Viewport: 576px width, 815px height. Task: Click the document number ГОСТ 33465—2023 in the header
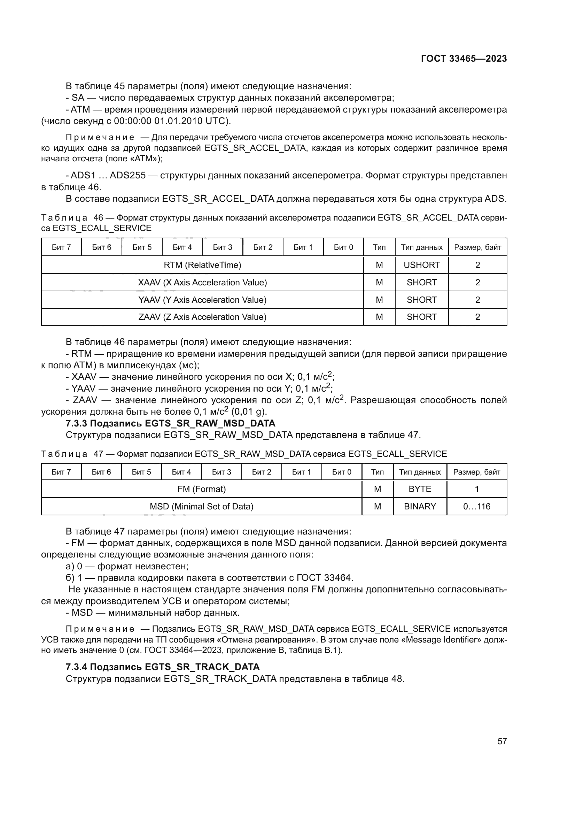[x=464, y=59]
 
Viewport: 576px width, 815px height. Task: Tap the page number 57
[x=502, y=741]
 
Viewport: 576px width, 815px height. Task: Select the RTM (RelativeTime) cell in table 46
[x=202, y=265]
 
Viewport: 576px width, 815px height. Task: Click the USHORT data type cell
[x=421, y=265]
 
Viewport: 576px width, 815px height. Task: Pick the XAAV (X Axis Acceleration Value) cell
[x=202, y=283]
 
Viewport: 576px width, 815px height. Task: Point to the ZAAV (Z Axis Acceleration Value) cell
[x=202, y=317]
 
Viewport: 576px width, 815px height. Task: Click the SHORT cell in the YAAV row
[x=421, y=300]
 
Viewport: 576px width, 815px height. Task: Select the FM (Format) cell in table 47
[x=201, y=489]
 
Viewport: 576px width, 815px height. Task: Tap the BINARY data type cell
[x=420, y=507]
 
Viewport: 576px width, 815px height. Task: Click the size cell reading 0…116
[x=476, y=507]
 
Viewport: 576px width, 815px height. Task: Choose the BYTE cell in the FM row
[x=420, y=489]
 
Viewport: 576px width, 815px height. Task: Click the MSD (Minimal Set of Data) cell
[x=201, y=507]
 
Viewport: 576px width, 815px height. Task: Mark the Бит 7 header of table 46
[x=61, y=247]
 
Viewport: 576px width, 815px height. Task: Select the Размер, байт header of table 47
[x=476, y=472]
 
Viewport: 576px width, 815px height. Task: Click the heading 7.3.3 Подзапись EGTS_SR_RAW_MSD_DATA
[x=170, y=423]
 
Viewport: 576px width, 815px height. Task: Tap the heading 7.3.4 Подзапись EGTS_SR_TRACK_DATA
[x=162, y=667]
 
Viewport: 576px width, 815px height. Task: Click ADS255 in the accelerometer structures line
[x=127, y=176]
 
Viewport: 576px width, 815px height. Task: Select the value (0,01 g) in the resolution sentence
[x=249, y=412]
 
